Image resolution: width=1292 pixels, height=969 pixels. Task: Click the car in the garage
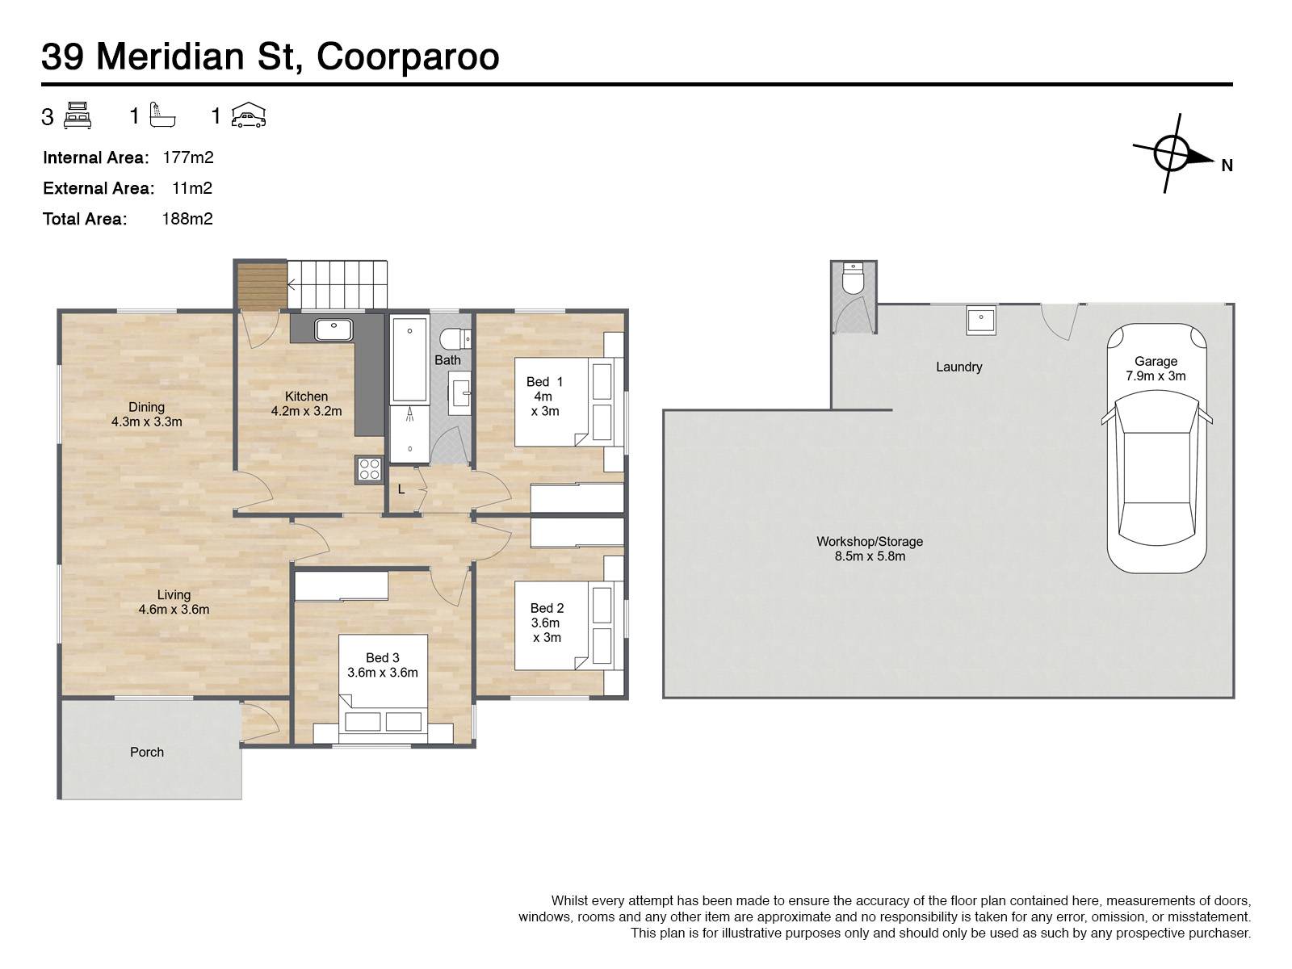click(1156, 448)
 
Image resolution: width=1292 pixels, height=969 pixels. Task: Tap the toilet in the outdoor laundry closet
click(853, 278)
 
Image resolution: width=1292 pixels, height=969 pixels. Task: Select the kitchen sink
click(333, 330)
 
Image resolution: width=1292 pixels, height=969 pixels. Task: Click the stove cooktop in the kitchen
click(369, 470)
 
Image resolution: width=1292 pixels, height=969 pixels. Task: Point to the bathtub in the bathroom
click(409, 359)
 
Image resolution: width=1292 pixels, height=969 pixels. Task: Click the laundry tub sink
click(980, 320)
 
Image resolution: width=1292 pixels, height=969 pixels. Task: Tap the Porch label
click(147, 752)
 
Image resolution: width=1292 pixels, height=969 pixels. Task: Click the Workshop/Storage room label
click(870, 541)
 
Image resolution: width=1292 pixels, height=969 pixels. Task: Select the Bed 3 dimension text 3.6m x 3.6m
click(383, 673)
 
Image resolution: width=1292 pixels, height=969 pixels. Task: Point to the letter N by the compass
click(1227, 166)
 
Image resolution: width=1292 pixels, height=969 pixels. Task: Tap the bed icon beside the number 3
click(78, 115)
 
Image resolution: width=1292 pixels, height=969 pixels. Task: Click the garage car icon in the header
click(249, 115)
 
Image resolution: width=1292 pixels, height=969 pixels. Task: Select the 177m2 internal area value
click(188, 157)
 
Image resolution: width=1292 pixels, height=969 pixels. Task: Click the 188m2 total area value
click(187, 219)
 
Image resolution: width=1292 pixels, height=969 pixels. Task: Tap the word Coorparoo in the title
click(408, 57)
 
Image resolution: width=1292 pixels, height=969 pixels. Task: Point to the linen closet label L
click(401, 489)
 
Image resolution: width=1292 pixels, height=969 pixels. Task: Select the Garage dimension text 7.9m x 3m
click(1156, 376)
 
